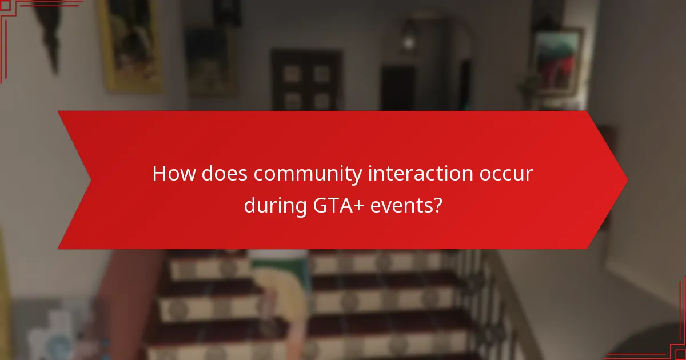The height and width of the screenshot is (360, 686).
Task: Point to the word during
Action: click(274, 205)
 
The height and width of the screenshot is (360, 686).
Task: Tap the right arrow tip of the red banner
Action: click(625, 180)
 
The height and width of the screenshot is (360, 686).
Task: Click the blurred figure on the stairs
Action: click(280, 297)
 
